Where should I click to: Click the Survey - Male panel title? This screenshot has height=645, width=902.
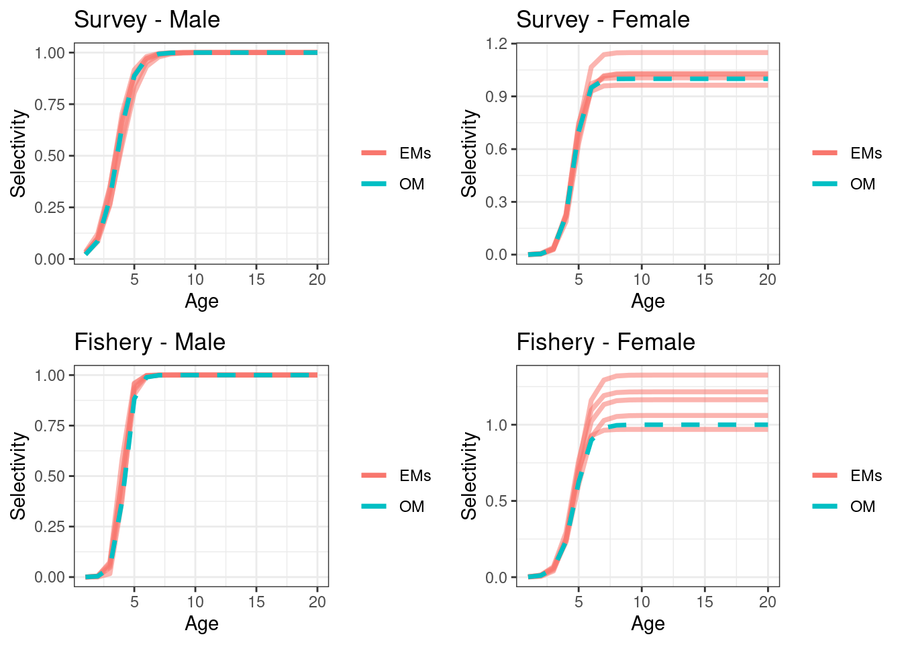146,19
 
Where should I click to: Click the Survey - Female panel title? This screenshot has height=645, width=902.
602,19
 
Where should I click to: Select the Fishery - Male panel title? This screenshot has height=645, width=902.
149,342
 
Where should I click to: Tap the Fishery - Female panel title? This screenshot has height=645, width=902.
605,342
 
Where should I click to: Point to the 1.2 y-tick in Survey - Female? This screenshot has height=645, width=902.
497,44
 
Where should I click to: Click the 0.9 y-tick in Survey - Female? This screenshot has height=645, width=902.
497,97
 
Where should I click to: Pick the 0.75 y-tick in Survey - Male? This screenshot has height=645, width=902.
50,104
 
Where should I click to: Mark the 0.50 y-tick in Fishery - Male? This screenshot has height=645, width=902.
50,476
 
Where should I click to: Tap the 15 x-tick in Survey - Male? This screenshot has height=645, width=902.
256,279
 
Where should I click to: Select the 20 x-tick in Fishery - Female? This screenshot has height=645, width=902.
767,602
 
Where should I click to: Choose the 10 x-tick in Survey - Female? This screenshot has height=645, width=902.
642,279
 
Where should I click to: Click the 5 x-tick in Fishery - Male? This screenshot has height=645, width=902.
134,602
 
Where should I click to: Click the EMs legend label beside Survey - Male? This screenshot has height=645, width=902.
415,153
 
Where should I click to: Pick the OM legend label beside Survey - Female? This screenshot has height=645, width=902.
862,184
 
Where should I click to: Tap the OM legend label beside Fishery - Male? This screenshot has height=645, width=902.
411,507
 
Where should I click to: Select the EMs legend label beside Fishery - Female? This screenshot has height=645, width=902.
866,476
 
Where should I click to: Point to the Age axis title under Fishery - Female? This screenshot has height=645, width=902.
648,623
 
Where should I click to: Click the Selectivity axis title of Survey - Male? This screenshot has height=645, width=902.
18,154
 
